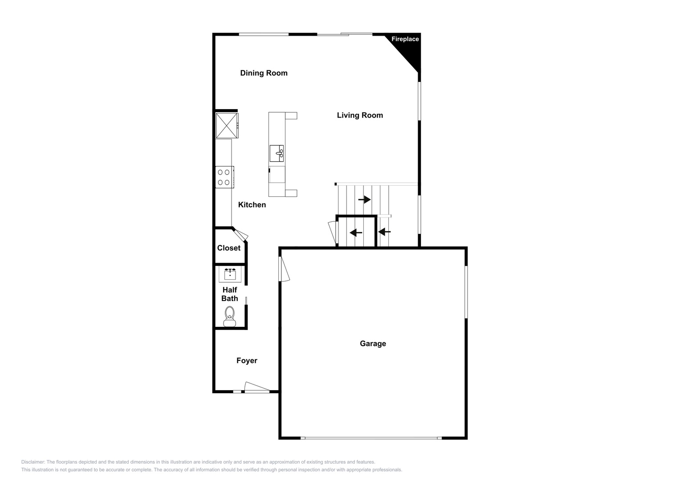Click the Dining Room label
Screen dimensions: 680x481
(x=264, y=73)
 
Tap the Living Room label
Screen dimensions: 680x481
(x=360, y=115)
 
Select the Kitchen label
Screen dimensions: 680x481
(x=252, y=205)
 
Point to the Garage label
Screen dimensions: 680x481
(x=373, y=343)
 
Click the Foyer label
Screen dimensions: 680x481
(x=247, y=360)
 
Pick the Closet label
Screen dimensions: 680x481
(x=228, y=248)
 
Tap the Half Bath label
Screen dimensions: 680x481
(x=229, y=294)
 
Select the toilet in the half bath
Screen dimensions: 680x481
(x=229, y=316)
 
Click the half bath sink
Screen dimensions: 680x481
(x=230, y=274)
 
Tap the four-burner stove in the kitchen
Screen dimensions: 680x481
(x=224, y=177)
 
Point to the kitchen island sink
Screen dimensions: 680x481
(x=277, y=153)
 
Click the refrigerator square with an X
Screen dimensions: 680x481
(x=227, y=126)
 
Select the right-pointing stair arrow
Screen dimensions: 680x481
(x=364, y=200)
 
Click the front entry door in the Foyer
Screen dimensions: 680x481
(x=257, y=387)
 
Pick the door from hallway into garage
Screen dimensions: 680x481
(x=284, y=269)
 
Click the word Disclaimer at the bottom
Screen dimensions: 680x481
(x=33, y=462)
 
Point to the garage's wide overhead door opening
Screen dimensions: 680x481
(x=371, y=438)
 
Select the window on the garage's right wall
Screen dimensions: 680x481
(x=466, y=292)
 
